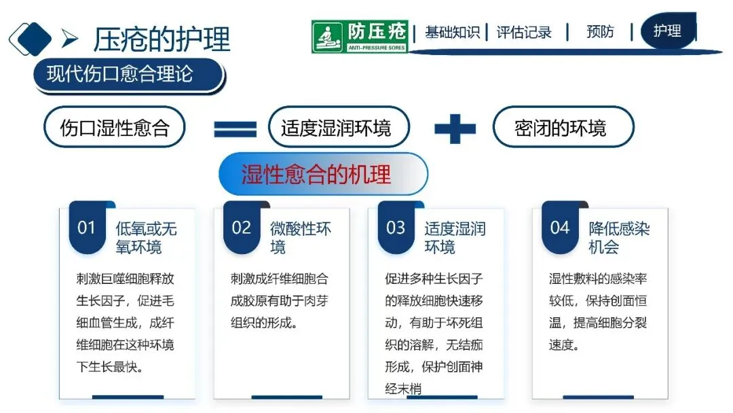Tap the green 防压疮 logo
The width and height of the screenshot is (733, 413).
click(x=360, y=37)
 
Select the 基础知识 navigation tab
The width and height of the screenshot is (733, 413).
click(x=452, y=32)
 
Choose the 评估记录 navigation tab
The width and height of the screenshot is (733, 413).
click(x=524, y=32)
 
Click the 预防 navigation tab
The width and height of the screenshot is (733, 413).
click(x=600, y=32)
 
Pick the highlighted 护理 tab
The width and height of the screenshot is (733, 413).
click(x=667, y=31)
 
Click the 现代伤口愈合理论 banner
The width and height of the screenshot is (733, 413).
click(x=127, y=74)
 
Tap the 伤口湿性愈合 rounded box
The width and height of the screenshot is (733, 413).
click(x=114, y=127)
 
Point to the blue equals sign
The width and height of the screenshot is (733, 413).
click(x=236, y=128)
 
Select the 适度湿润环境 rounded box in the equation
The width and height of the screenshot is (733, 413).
click(x=336, y=127)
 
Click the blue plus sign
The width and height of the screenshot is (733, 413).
click(x=455, y=127)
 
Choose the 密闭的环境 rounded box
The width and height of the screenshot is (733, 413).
click(x=563, y=127)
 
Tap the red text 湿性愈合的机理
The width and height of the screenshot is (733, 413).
click(x=316, y=174)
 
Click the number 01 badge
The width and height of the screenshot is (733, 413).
click(x=87, y=228)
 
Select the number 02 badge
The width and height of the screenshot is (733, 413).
click(x=242, y=228)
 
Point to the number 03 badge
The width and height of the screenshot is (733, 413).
click(x=396, y=228)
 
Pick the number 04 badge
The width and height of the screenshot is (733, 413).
click(x=560, y=228)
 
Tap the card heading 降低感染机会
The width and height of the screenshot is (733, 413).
click(x=618, y=237)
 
